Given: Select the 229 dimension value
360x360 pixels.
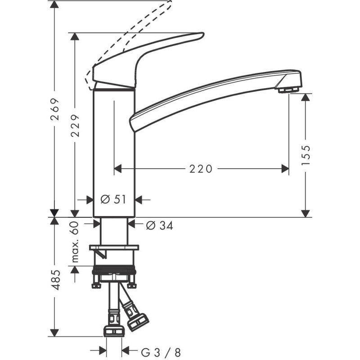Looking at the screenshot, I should click(75, 125).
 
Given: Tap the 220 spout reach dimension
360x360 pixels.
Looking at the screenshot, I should click(200, 169).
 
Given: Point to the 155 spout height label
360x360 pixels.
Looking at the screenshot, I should click(306, 155).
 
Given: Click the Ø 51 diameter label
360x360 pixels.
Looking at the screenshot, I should click(113, 199).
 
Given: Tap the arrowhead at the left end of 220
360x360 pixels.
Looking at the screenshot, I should click(118, 169).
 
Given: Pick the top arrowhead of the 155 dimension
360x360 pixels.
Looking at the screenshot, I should click(306, 97).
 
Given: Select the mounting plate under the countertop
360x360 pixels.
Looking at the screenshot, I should click(114, 247).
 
